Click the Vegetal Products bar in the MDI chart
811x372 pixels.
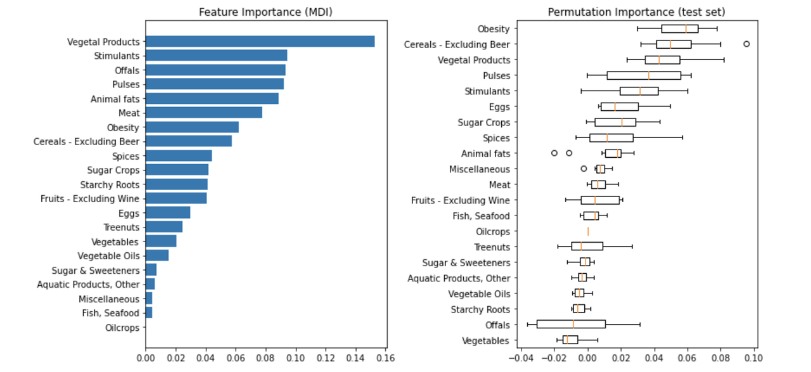click(260, 42)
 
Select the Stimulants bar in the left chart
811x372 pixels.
click(216, 56)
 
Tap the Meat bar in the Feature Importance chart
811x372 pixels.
click(203, 113)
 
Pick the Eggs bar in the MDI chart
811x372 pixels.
click(168, 213)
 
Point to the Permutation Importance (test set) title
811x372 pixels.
click(637, 12)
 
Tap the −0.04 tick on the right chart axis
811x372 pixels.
click(519, 357)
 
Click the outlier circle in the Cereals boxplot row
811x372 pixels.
click(746, 44)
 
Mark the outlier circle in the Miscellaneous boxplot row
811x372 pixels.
click(584, 169)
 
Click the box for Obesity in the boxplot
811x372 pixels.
click(679, 29)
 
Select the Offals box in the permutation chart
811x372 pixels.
click(571, 324)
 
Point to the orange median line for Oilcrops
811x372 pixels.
click(588, 231)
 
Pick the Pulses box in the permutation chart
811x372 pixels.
click(644, 75)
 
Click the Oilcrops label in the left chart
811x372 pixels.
click(122, 328)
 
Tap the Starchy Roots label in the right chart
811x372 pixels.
click(480, 309)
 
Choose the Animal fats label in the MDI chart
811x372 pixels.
click(115, 99)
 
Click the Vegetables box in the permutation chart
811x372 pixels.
click(570, 340)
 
